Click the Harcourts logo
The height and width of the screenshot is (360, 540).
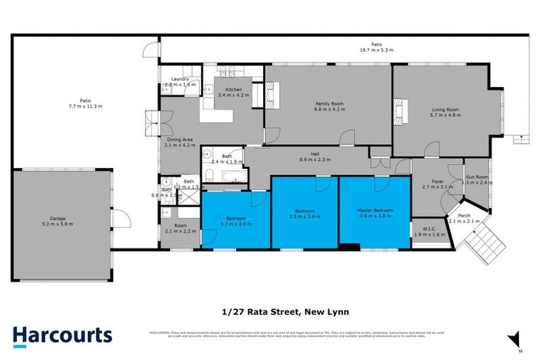click(62, 335)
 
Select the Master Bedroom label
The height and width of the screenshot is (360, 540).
click(374, 210)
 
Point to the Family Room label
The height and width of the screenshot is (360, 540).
click(327, 103)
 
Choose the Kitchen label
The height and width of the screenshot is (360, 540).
click(233, 89)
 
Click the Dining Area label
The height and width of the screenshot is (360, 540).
click(180, 140)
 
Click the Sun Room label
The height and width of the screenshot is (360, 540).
click(477, 177)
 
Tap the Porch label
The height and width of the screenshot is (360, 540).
click(464, 215)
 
